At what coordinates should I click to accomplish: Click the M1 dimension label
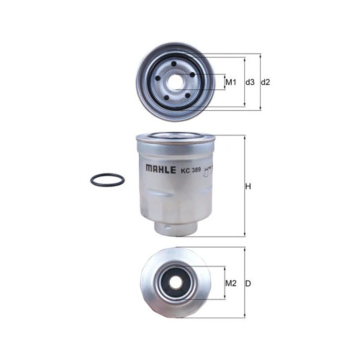pos(230,82)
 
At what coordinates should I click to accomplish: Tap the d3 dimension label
pos(250,82)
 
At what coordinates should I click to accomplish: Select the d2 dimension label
pos(265,82)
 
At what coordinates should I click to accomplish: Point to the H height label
pos(247,187)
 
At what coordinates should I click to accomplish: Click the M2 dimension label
pos(230,283)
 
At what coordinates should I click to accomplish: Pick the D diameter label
pos(248,283)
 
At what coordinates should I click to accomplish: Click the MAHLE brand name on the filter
pos(160,169)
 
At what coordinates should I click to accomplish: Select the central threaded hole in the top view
pos(175,81)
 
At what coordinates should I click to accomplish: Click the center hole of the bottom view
pos(175,282)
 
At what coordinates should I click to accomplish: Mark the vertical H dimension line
pos(244,210)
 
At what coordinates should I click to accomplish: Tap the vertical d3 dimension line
pos(244,95)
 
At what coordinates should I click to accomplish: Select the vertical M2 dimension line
pos(223,295)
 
